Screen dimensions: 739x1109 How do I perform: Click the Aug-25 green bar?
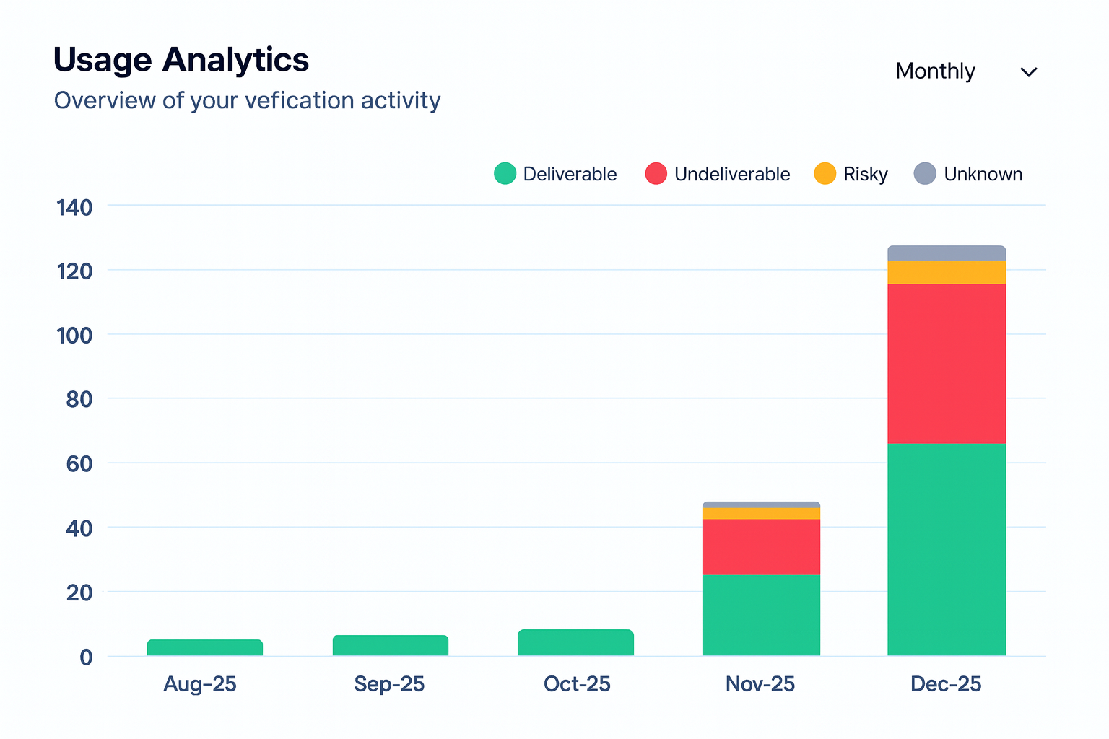[205, 647]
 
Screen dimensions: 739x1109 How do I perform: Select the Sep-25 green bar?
[391, 645]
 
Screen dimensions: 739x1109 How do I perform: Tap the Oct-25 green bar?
[575, 642]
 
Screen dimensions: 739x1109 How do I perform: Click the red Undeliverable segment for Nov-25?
[761, 546]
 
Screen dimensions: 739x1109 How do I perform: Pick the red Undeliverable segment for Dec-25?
[947, 363]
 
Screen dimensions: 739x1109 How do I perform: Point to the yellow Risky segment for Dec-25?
[947, 272]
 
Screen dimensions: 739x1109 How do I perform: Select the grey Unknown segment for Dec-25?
[947, 253]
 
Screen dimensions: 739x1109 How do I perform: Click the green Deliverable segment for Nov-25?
[761, 615]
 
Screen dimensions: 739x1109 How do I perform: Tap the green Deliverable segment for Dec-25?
[947, 549]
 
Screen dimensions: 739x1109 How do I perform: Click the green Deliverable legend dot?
[505, 174]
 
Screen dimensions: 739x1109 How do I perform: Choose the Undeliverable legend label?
[732, 175]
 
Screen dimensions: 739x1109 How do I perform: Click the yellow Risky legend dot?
[825, 174]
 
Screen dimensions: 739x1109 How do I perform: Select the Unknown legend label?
[983, 175]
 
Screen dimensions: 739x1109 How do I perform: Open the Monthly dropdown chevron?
[1028, 72]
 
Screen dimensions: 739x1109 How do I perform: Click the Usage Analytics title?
[181, 60]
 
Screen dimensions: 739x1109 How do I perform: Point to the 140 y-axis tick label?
[74, 208]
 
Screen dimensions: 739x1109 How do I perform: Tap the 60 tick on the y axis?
[79, 463]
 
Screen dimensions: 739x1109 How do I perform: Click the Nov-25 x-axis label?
[760, 684]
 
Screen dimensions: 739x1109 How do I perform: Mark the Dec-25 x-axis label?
[946, 684]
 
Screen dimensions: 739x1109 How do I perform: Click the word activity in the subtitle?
[401, 100]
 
